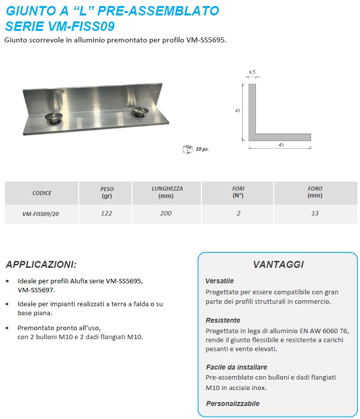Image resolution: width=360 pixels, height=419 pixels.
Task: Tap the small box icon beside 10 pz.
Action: (x=187, y=149)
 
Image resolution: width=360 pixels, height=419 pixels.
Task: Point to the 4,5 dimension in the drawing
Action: (x=252, y=73)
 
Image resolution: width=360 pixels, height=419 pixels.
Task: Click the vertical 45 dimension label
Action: (x=238, y=111)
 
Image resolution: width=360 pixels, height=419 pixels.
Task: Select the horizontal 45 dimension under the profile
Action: (x=281, y=145)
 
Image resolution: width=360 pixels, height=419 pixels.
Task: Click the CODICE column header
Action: (x=42, y=193)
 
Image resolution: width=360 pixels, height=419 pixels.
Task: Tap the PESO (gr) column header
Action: (x=106, y=193)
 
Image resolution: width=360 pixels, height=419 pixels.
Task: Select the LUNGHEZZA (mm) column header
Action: (x=167, y=193)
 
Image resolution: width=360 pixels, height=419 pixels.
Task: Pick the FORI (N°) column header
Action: (x=238, y=193)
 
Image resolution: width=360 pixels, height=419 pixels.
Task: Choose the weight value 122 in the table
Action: (x=106, y=213)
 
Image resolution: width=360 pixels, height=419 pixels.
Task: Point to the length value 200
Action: (x=166, y=213)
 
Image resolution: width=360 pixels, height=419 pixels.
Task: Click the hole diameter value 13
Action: (x=315, y=213)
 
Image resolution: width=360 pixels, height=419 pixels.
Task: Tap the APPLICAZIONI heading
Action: (x=41, y=264)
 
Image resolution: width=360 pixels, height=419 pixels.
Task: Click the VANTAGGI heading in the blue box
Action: (x=278, y=265)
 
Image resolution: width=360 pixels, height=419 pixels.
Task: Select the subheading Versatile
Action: (x=219, y=281)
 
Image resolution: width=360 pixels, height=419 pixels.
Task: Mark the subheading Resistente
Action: (x=223, y=320)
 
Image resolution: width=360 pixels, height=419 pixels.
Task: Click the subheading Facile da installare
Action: (x=236, y=367)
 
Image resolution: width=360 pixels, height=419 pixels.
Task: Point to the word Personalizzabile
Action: (x=232, y=404)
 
